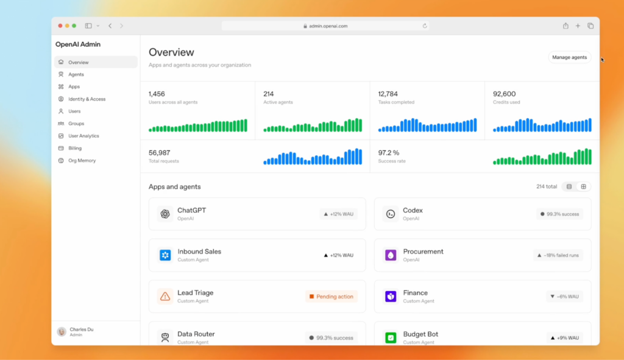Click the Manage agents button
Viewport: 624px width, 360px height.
(x=569, y=57)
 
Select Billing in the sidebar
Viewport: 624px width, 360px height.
(x=74, y=148)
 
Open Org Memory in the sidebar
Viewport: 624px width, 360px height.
(x=82, y=160)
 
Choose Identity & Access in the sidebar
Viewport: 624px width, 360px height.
(x=87, y=99)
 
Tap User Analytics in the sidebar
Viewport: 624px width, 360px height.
(x=83, y=136)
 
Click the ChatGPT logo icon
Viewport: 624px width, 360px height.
(x=165, y=214)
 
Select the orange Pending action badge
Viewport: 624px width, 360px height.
(x=331, y=297)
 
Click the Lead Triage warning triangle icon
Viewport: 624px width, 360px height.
(x=165, y=297)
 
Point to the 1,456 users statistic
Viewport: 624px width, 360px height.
(x=157, y=94)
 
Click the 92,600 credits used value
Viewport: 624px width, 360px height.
(x=505, y=94)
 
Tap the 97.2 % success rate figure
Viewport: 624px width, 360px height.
(x=388, y=152)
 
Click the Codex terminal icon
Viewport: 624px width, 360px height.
(x=390, y=214)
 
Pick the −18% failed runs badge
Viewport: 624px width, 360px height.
(x=558, y=255)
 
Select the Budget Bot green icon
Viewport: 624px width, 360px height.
(x=391, y=337)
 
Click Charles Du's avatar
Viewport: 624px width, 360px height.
(x=62, y=331)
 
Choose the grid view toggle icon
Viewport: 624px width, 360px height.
(x=583, y=186)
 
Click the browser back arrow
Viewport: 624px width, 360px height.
(x=110, y=26)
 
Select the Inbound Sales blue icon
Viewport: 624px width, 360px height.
(x=165, y=255)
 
